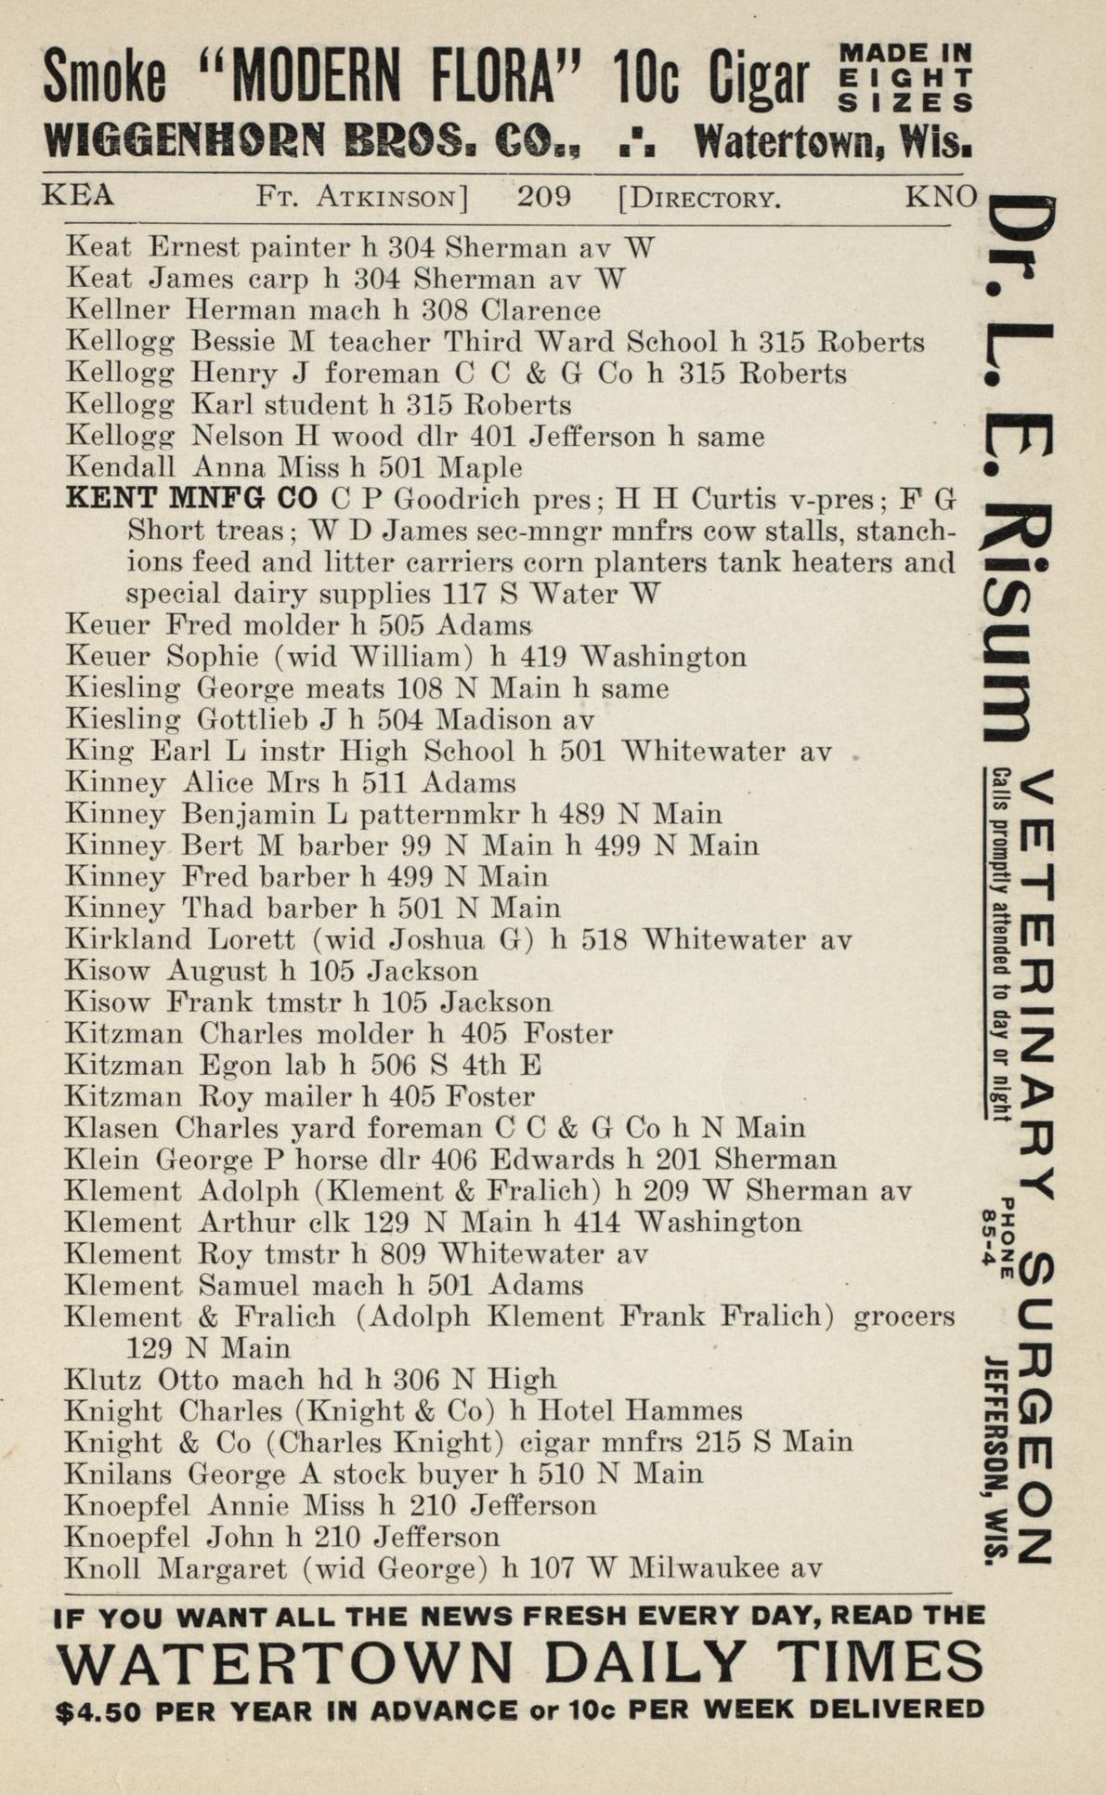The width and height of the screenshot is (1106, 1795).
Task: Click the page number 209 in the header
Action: (x=543, y=197)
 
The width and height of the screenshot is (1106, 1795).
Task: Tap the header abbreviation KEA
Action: (x=79, y=196)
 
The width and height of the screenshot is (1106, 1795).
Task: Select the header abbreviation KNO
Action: (x=941, y=196)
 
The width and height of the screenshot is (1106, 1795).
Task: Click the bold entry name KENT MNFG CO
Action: (x=191, y=499)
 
